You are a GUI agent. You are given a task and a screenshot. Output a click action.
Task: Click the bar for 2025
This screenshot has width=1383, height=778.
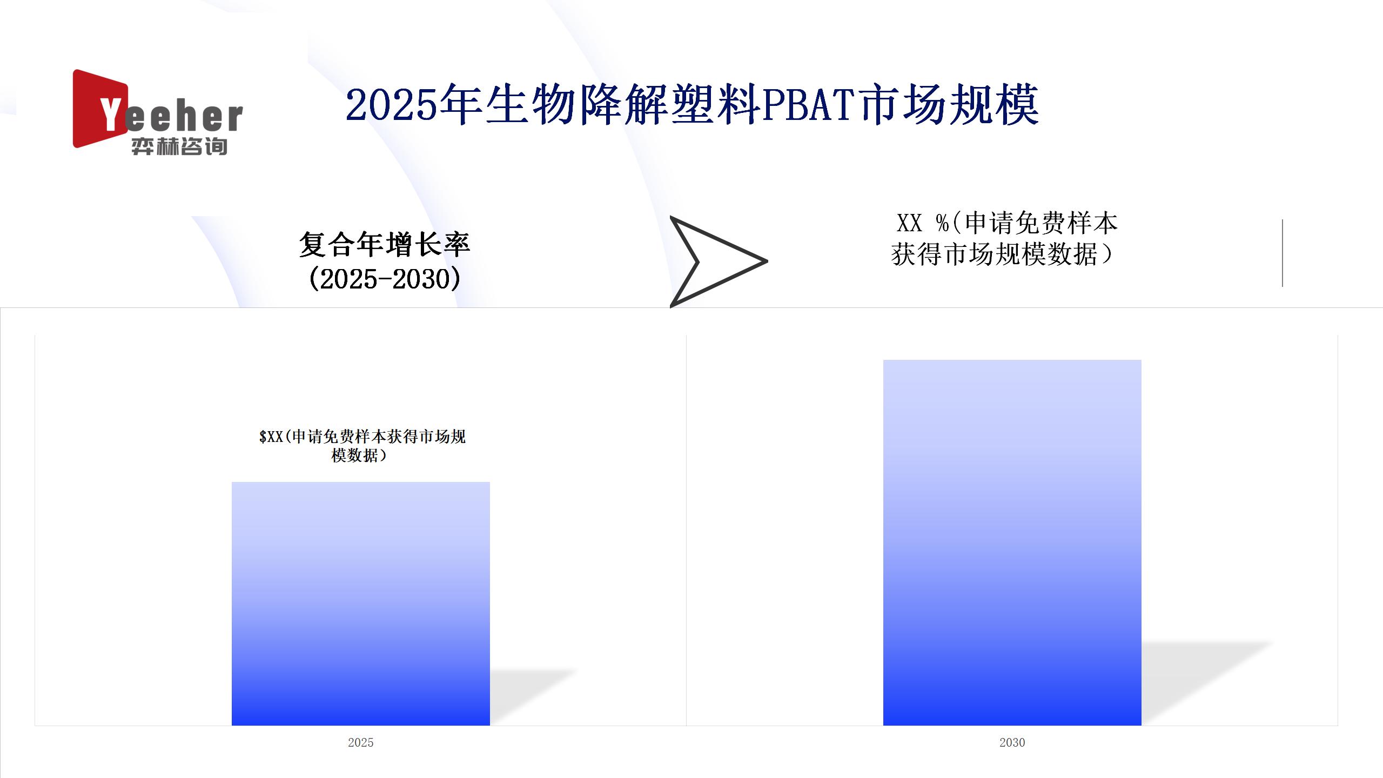click(x=361, y=603)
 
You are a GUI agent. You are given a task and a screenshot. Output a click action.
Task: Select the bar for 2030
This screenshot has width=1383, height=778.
click(x=1012, y=542)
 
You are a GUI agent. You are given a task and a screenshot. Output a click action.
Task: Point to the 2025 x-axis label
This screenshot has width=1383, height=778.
click(x=361, y=742)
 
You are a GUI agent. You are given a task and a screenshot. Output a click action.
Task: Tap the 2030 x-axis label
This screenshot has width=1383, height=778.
click(x=1012, y=742)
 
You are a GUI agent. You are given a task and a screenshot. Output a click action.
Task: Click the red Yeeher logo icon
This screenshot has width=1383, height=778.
click(x=100, y=109)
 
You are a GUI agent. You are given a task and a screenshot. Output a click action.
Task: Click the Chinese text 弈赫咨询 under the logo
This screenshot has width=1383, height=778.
click(x=179, y=146)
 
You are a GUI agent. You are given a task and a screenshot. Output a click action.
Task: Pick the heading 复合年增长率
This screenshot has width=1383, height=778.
click(x=385, y=244)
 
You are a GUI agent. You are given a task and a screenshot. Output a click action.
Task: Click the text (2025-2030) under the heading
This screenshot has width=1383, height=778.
click(x=385, y=279)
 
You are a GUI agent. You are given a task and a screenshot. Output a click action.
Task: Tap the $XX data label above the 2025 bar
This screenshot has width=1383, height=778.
click(x=362, y=445)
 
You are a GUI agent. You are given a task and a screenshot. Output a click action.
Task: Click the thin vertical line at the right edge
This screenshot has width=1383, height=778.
click(x=1283, y=253)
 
